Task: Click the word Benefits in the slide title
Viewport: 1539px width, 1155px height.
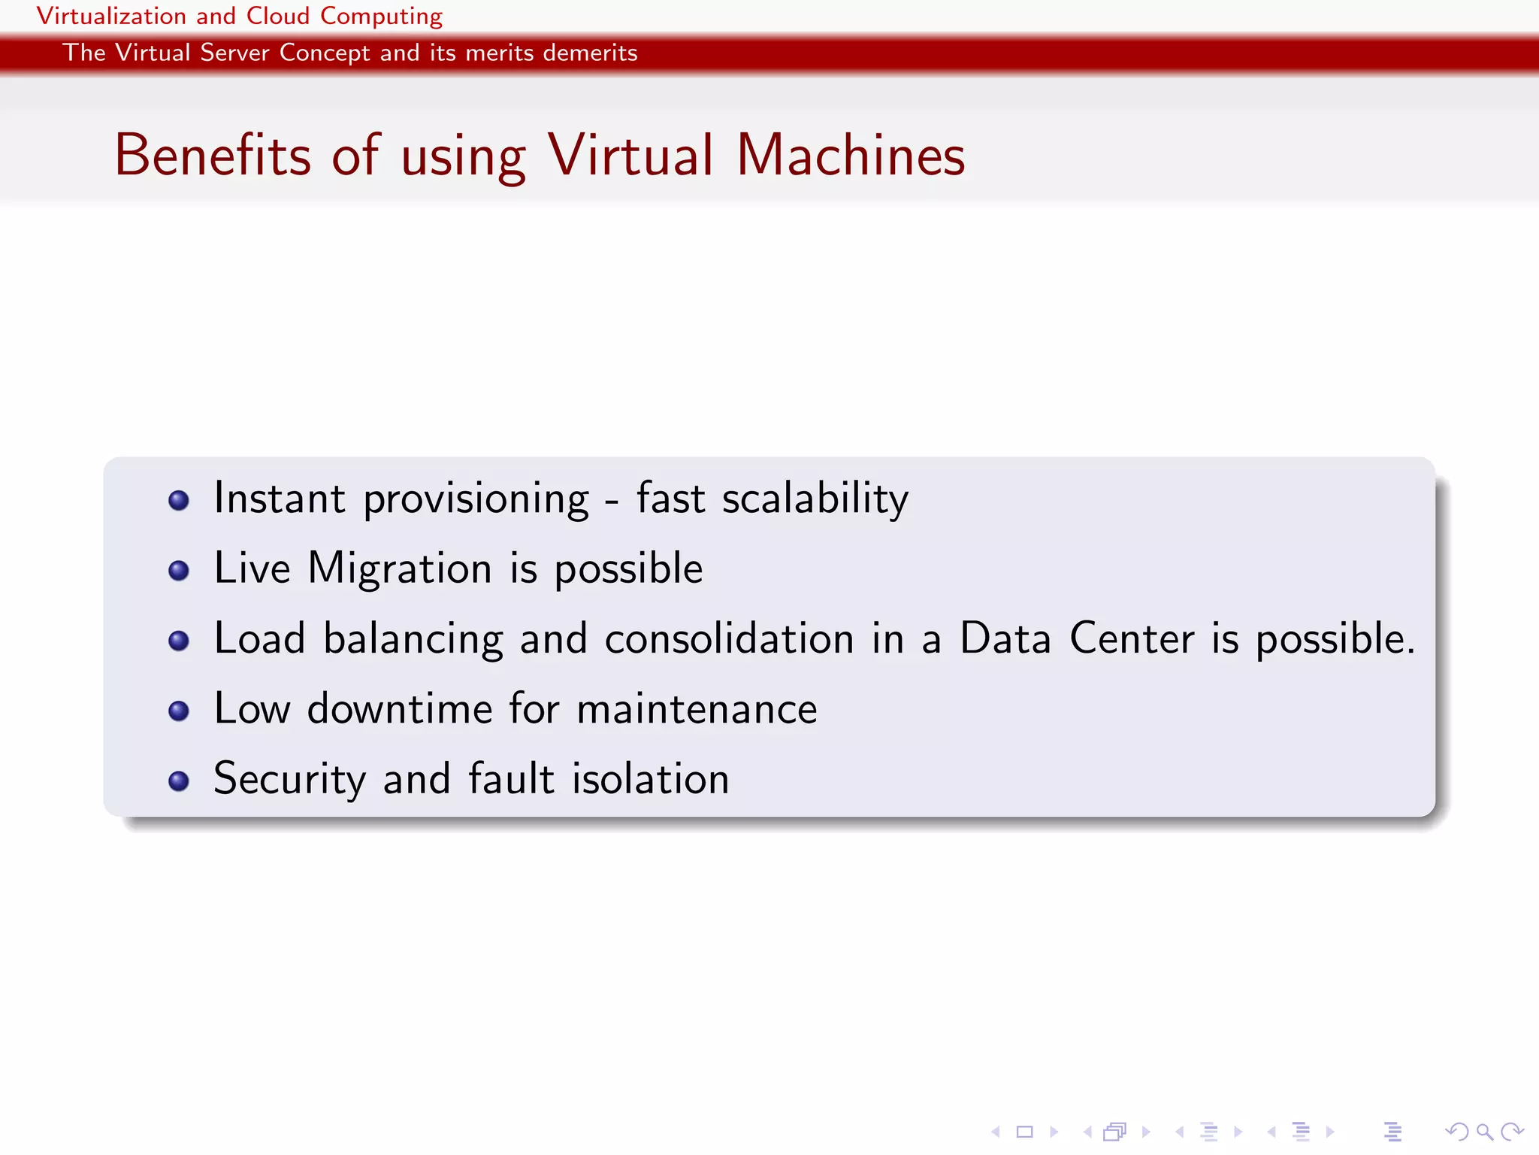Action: pyautogui.click(x=213, y=155)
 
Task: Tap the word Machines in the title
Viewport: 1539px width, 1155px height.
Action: pyautogui.click(x=851, y=155)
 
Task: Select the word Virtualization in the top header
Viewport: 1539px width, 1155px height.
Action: pyautogui.click(x=111, y=16)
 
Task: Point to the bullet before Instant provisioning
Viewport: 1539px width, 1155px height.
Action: pyautogui.click(x=179, y=500)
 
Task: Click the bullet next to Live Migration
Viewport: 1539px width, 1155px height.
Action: pyautogui.click(x=179, y=570)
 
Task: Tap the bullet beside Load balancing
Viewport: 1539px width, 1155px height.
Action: pyautogui.click(x=179, y=640)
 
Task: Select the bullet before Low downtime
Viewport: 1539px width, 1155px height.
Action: pyautogui.click(x=179, y=710)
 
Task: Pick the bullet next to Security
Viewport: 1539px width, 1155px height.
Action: pyautogui.click(x=179, y=781)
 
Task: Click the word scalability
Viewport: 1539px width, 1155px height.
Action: pyautogui.click(x=815, y=499)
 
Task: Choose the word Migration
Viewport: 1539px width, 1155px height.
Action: pyautogui.click(x=400, y=569)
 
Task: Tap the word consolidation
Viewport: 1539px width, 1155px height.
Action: pyautogui.click(x=729, y=639)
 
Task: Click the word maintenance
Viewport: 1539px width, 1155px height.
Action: pyautogui.click(x=697, y=709)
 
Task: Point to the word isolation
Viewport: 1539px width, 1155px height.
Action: pyautogui.click(x=651, y=779)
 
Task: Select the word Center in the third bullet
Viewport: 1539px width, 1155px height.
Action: pyautogui.click(x=1132, y=639)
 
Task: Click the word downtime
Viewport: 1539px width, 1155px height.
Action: pyautogui.click(x=400, y=709)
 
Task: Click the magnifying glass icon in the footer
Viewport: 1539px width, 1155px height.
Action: pyautogui.click(x=1485, y=1132)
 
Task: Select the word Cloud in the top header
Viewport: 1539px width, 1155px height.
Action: pyautogui.click(x=278, y=16)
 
